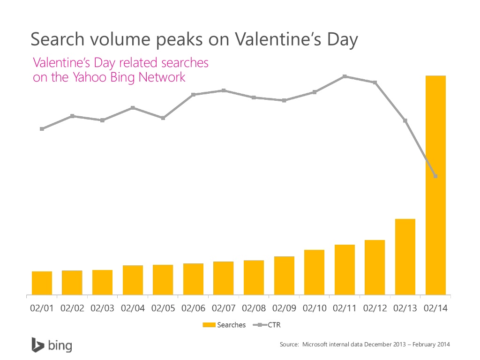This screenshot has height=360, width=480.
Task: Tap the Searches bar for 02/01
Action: pos(42,283)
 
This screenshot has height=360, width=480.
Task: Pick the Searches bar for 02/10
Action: pos(314,272)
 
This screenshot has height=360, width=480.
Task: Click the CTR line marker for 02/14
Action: pos(435,176)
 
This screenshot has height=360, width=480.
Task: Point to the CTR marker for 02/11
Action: pos(345,76)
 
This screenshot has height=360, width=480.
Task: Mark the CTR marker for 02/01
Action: pos(42,129)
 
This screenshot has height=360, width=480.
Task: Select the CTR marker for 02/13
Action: pos(405,121)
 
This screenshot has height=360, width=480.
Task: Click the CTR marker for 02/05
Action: pos(163,118)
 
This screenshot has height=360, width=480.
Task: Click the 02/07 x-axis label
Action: pos(224,309)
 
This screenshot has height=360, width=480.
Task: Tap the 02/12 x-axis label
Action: pos(375,309)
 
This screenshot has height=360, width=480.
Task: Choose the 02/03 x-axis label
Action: pos(102,309)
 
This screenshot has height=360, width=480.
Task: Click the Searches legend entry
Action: pos(225,325)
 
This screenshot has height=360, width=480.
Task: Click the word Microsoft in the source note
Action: pos(316,345)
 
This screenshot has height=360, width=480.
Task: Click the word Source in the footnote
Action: pos(289,345)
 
